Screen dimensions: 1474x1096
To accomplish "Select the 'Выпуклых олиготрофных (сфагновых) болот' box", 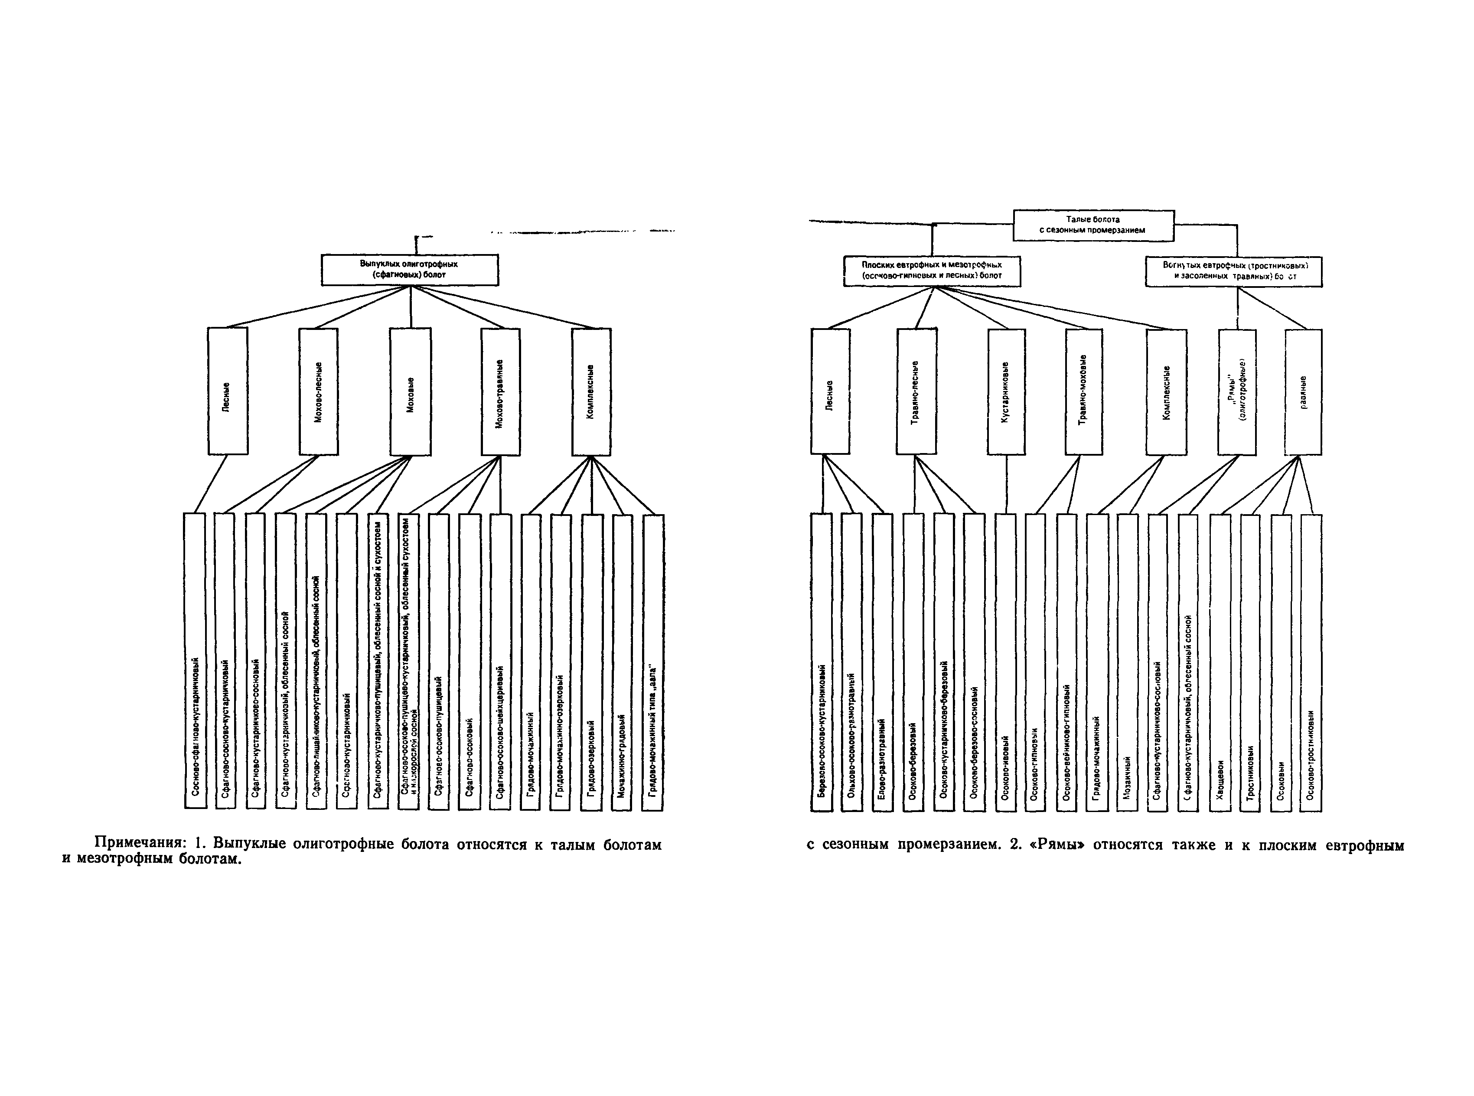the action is coord(409,269).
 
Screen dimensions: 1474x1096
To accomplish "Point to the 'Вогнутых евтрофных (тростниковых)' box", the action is coord(1233,271).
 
